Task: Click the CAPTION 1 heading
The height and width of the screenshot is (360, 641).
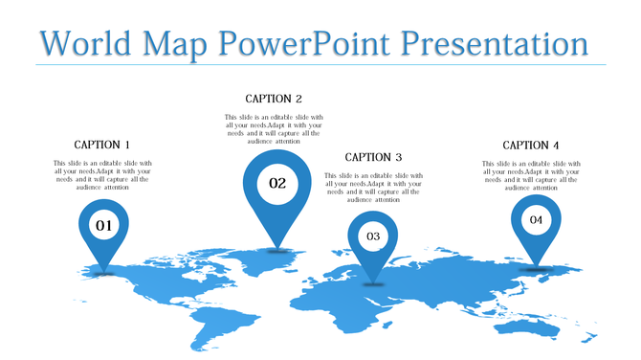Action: [x=102, y=145]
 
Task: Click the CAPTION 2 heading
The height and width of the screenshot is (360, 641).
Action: [x=274, y=99]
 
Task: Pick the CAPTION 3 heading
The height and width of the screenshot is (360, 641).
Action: [x=373, y=157]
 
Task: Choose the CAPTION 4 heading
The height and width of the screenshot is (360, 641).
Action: [x=531, y=145]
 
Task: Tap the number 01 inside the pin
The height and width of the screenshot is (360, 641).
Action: [x=102, y=226]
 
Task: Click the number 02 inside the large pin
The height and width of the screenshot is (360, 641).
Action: [x=277, y=183]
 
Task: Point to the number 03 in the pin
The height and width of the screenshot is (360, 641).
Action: [x=373, y=236]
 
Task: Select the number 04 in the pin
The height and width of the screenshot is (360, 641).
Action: [x=535, y=220]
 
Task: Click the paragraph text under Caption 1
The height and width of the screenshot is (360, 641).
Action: [x=102, y=175]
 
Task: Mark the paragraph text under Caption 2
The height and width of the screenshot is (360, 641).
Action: [x=274, y=129]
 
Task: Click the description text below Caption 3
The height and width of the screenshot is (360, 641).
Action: [x=373, y=188]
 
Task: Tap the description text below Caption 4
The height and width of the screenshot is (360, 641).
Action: [x=531, y=175]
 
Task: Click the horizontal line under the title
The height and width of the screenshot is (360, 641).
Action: [x=320, y=65]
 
